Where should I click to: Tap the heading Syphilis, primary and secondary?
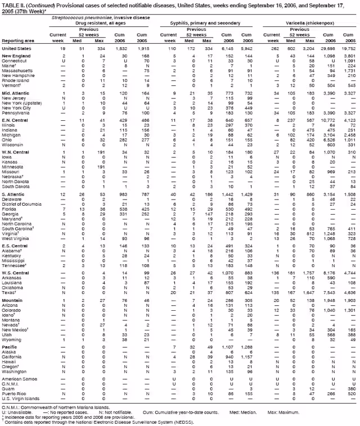(208, 23)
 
